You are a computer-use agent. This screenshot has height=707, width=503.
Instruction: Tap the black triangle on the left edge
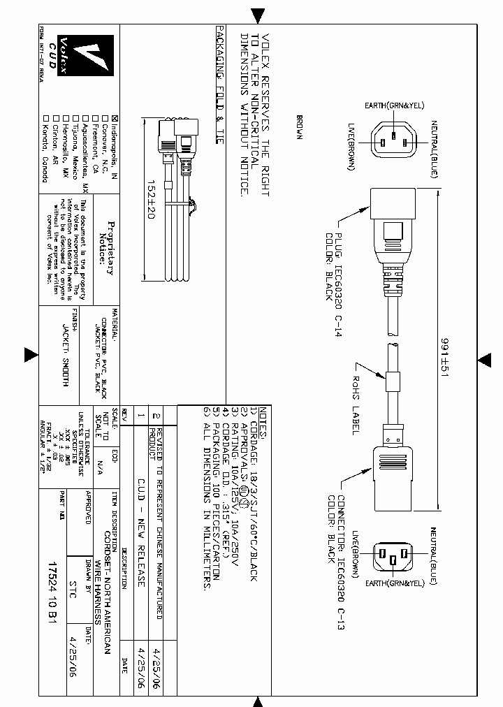pyautogui.click(x=31, y=356)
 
